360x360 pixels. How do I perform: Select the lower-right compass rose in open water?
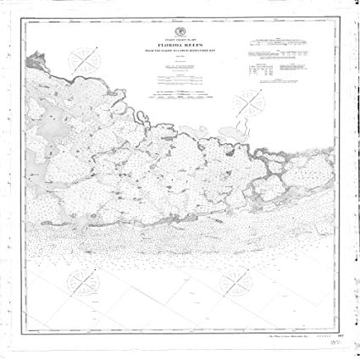231,280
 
